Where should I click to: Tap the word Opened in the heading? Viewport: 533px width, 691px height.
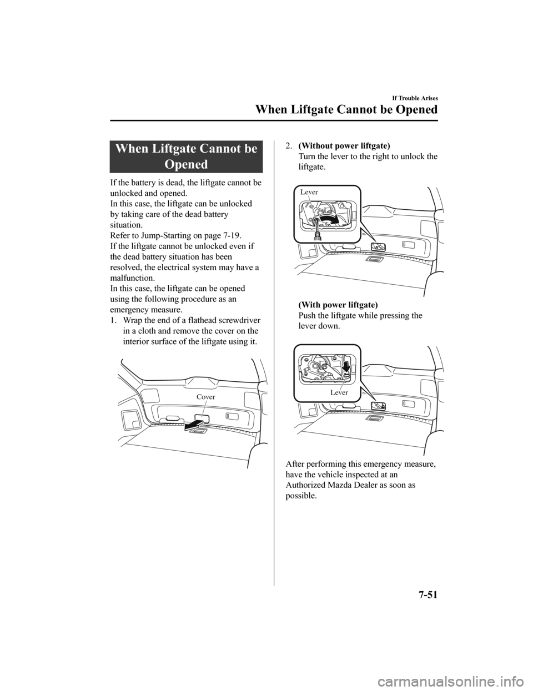(186, 165)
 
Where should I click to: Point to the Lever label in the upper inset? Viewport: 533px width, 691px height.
(309, 192)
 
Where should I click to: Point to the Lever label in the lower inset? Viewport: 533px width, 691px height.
(339, 392)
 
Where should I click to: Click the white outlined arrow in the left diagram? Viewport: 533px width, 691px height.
(191, 426)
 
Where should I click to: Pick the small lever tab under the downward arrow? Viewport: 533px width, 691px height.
(346, 376)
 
